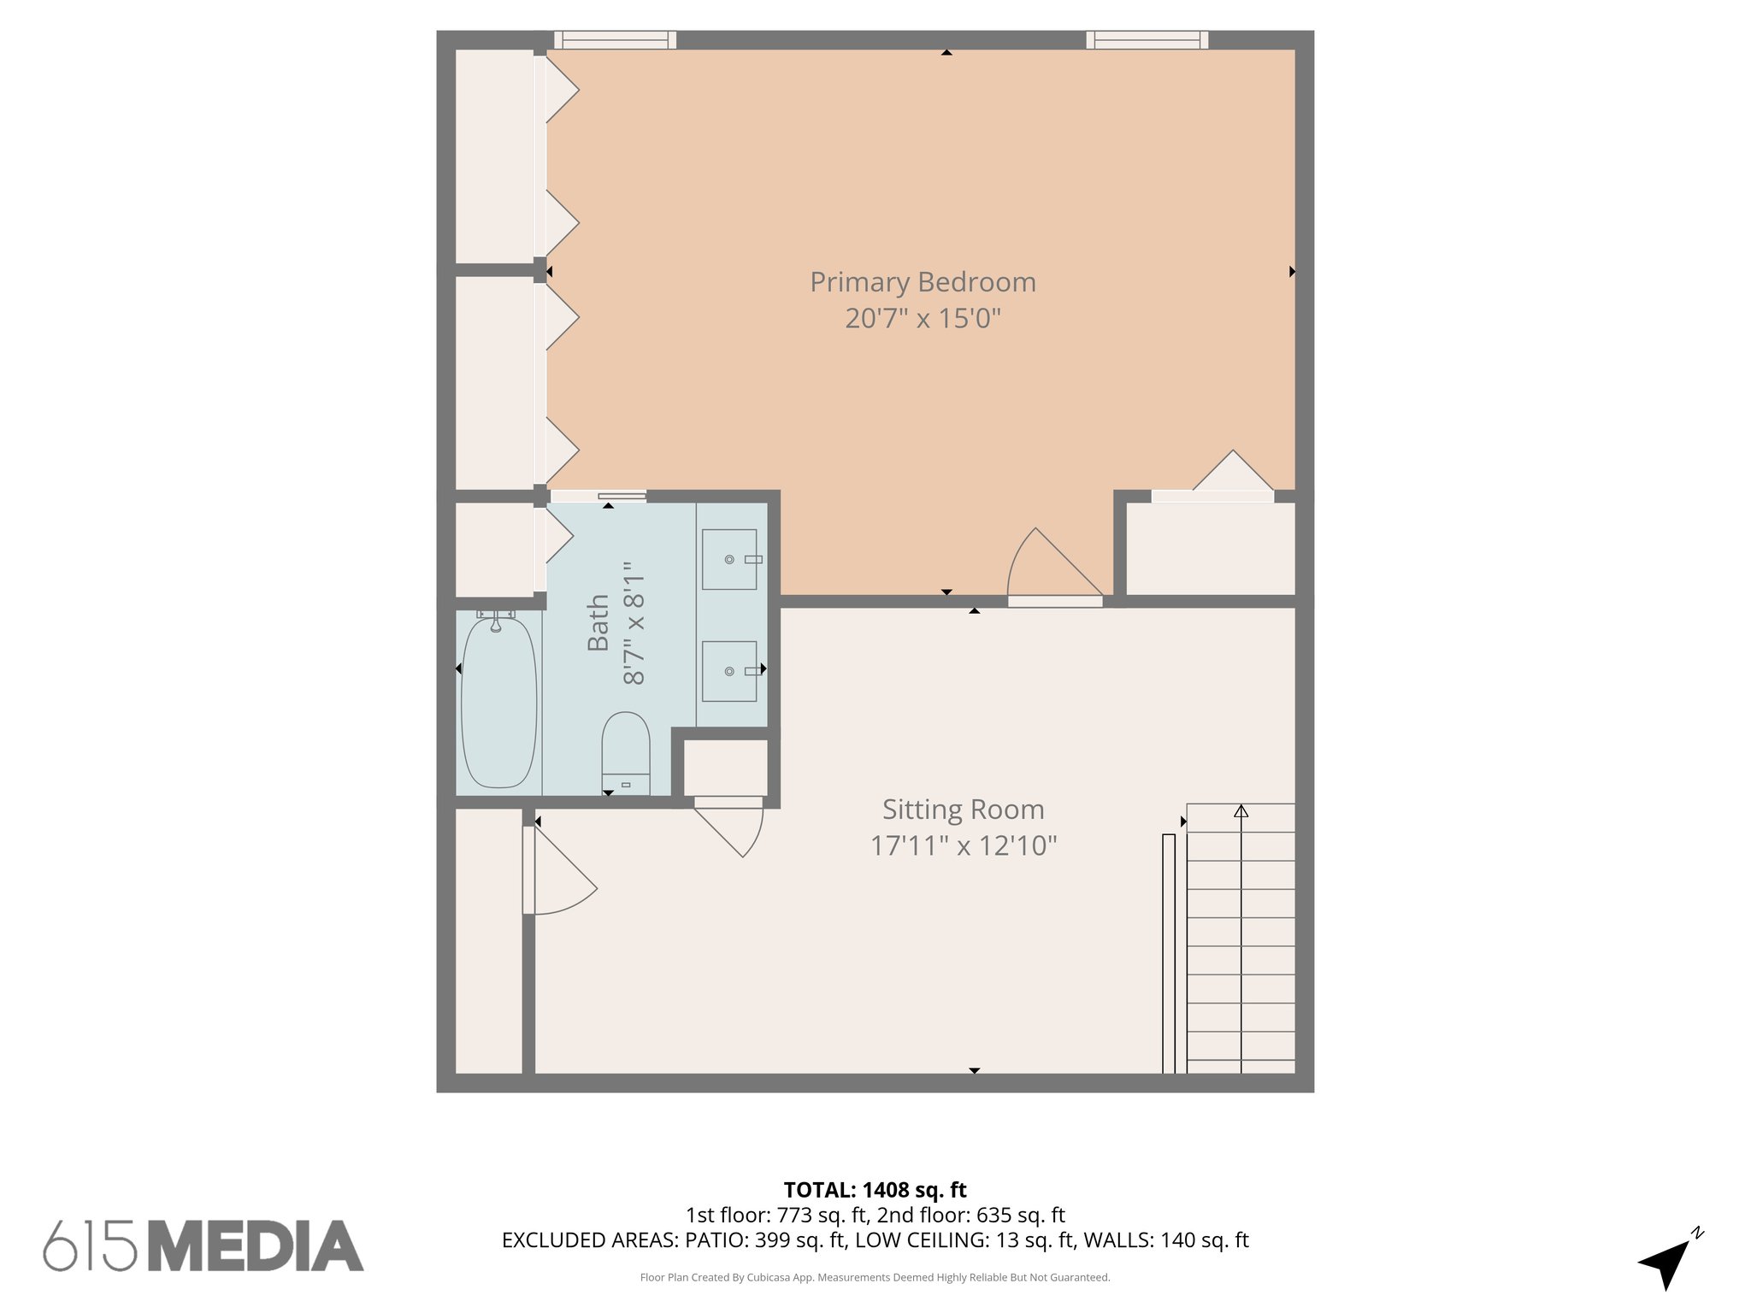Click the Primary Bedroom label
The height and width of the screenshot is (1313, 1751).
pyautogui.click(x=923, y=282)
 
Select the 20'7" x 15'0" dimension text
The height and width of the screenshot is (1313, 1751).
pyautogui.click(x=923, y=319)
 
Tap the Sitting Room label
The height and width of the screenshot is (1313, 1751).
pyautogui.click(x=963, y=809)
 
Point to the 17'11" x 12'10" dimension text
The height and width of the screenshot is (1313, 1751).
pyautogui.click(x=963, y=845)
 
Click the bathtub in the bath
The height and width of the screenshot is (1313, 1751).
pyautogui.click(x=498, y=702)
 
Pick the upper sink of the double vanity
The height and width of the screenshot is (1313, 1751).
pyautogui.click(x=729, y=559)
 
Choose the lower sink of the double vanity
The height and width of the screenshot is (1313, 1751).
pyautogui.click(x=729, y=671)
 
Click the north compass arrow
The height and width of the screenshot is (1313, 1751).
pyautogui.click(x=1666, y=1261)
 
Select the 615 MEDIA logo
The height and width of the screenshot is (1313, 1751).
pyautogui.click(x=203, y=1245)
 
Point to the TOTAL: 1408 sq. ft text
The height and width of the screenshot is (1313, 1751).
pyautogui.click(x=875, y=1189)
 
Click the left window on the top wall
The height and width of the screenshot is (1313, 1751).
pyautogui.click(x=615, y=40)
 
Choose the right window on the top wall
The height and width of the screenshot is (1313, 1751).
pyautogui.click(x=1147, y=40)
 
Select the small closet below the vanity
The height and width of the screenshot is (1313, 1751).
pyautogui.click(x=725, y=767)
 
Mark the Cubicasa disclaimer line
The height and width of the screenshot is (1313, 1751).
pyautogui.click(x=875, y=1277)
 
